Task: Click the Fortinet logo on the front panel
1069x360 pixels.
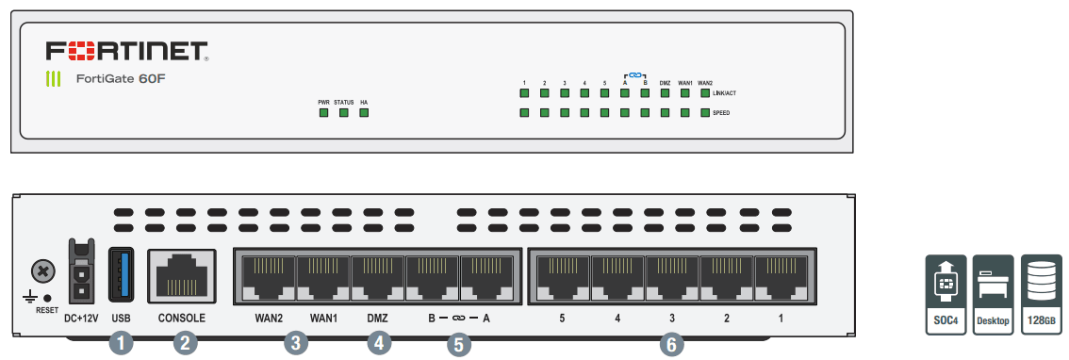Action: pos(126,51)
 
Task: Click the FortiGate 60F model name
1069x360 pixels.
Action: pos(122,79)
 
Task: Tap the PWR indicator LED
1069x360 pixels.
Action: pos(323,113)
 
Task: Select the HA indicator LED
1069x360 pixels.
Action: pos(364,113)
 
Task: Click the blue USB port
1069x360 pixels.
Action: pos(122,273)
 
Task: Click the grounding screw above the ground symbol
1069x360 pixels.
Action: pos(41,272)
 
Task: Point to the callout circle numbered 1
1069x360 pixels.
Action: pos(121,344)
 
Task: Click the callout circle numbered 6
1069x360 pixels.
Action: pos(671,344)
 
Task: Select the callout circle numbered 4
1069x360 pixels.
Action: pos(378,344)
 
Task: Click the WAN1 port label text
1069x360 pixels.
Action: pos(323,319)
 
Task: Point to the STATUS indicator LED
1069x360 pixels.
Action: pos(344,113)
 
